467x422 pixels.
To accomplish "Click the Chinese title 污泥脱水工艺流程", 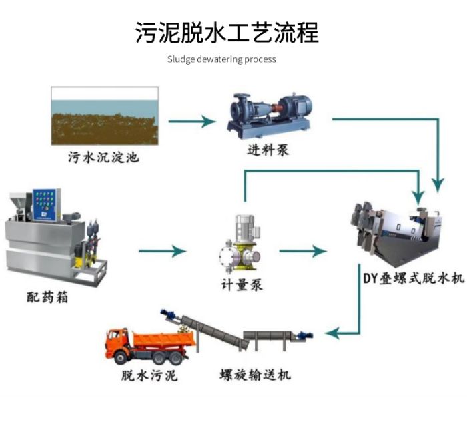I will (227, 31).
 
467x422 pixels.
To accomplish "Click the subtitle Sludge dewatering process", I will (221, 59).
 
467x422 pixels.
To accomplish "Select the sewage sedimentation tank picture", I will (105, 116).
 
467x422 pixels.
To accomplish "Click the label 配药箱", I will (49, 297).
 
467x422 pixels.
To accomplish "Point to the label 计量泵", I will (242, 285).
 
